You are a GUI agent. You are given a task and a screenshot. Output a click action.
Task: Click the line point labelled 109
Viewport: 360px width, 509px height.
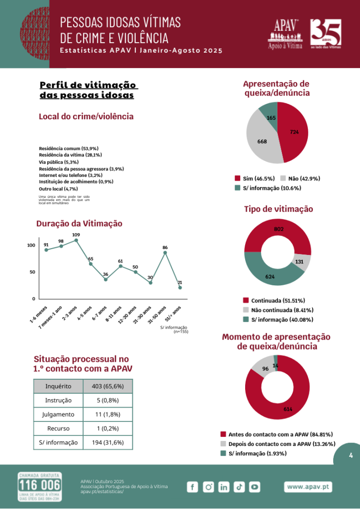(x=76, y=240)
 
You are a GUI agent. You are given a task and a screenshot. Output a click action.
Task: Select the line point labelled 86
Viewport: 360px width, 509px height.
(x=165, y=253)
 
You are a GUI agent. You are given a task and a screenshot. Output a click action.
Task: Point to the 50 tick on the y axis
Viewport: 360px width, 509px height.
(x=32, y=272)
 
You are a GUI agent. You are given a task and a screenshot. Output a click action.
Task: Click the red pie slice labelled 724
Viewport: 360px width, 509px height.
(x=293, y=132)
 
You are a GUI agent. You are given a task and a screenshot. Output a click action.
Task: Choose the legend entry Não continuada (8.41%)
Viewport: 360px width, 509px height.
(x=276, y=310)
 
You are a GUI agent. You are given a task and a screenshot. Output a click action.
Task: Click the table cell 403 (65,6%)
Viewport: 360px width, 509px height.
(x=108, y=386)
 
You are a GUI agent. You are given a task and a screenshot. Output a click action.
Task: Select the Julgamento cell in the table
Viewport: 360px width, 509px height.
(x=58, y=414)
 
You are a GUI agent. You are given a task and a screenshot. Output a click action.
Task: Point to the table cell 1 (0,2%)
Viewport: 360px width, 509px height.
(x=108, y=428)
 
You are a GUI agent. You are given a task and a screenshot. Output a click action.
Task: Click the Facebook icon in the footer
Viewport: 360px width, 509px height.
(x=192, y=487)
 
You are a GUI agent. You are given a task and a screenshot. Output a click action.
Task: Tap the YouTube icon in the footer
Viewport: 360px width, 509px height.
(x=255, y=487)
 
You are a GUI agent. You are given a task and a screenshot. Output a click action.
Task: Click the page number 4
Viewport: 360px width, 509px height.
(x=351, y=455)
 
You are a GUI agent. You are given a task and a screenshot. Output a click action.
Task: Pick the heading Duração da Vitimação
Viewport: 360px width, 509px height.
(x=79, y=224)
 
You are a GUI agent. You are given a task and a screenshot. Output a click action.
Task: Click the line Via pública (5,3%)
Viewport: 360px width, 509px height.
(x=59, y=162)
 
